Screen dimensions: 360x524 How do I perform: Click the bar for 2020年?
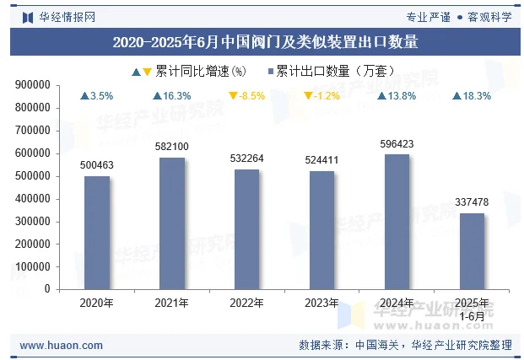pyautogui.click(x=97, y=232)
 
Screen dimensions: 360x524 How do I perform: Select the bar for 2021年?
pyautogui.click(x=172, y=223)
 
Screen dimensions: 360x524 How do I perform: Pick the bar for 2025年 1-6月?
pyautogui.click(x=472, y=250)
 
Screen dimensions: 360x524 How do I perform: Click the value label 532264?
pyautogui.click(x=246, y=159)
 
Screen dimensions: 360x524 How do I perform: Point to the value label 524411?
pyautogui.click(x=321, y=160)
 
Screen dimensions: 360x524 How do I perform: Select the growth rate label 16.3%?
pyautogui.click(x=177, y=96)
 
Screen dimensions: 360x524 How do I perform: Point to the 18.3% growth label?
pyautogui.click(x=477, y=96)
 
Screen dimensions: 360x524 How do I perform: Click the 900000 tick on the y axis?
pyautogui.click(x=34, y=85)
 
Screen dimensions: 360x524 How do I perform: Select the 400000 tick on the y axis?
pyautogui.click(x=34, y=199)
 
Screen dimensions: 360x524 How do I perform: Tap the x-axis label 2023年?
pyautogui.click(x=321, y=303)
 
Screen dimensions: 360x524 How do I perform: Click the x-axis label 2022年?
pyautogui.click(x=246, y=303)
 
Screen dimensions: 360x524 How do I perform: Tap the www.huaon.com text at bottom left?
pyautogui.click(x=61, y=346)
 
